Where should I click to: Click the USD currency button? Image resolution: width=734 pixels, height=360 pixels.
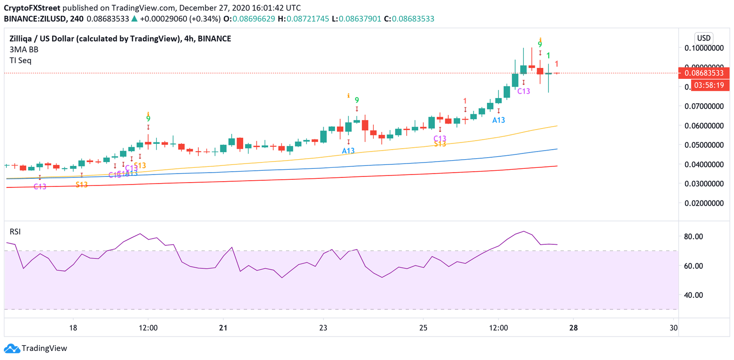point(703,38)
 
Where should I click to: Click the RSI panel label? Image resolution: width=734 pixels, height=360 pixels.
point(15,232)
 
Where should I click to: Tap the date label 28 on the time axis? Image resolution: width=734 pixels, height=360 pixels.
point(573,328)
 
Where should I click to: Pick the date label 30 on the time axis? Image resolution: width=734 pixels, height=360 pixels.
point(674,328)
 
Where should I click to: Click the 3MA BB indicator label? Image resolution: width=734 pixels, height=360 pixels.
point(24,50)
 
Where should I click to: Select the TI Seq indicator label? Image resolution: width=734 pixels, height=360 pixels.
point(21,61)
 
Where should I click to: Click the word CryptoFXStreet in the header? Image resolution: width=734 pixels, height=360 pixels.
point(32,8)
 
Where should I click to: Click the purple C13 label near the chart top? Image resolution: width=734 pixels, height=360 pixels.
point(524,91)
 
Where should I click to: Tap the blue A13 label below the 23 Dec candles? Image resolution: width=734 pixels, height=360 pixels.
point(348,151)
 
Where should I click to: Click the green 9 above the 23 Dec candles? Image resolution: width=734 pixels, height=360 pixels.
point(356,100)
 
